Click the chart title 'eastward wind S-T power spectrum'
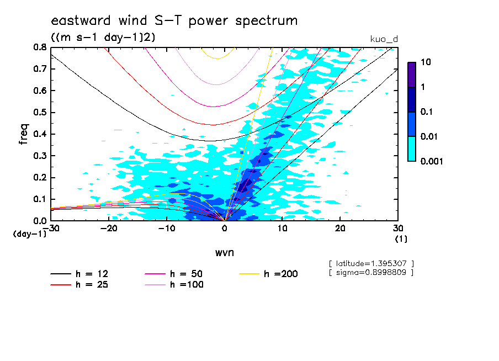174,21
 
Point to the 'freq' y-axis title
24,134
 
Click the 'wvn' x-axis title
224,252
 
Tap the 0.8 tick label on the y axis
39,47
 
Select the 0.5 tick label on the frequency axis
39,113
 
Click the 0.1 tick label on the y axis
39,199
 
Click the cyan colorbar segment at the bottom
412,148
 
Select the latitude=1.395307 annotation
371,263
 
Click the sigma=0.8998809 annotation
371,273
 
